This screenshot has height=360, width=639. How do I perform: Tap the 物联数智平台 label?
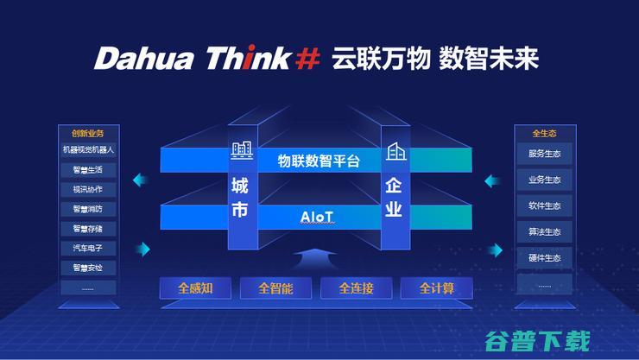point(319,161)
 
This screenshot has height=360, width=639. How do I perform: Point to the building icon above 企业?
point(395,152)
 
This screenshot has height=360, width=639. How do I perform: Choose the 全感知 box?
point(195,288)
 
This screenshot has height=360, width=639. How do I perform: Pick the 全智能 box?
point(275,288)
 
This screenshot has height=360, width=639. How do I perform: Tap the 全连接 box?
point(356,288)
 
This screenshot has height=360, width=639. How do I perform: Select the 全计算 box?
point(437,288)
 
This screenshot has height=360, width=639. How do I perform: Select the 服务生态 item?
point(544,154)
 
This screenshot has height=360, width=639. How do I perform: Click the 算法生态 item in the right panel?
point(544,231)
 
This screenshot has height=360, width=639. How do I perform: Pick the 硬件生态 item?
point(544,257)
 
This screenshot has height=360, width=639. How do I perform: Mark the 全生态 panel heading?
point(544,133)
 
